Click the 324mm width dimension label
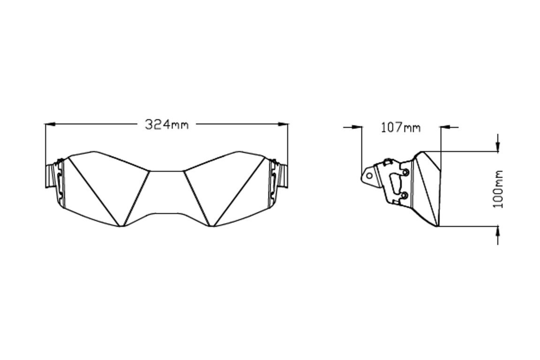167,125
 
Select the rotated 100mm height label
498,189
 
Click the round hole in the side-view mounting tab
369,176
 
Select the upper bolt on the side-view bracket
405,172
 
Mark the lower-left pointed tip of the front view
122,226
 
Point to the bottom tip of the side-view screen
437,226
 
